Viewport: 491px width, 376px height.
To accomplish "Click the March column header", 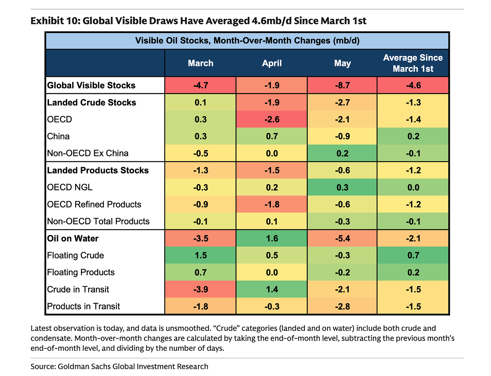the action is (200, 63).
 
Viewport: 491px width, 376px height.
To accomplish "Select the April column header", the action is (271, 63).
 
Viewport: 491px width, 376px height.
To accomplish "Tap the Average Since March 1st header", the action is (413, 63).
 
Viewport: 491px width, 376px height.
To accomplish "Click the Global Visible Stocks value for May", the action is (342, 85).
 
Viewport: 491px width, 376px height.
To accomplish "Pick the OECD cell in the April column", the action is (271, 119).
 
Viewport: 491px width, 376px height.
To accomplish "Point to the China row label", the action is (58, 136).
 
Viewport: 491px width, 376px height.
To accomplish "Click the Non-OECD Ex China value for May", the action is (342, 153).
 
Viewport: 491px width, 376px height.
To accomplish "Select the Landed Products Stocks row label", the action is (98, 170).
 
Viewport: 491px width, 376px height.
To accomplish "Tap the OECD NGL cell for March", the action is (200, 187).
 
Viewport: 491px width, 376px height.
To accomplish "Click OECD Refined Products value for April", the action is (271, 204).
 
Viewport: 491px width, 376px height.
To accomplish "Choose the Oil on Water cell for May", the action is (342, 238).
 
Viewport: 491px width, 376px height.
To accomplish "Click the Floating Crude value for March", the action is (200, 255).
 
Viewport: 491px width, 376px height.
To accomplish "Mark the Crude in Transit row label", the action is (78, 289).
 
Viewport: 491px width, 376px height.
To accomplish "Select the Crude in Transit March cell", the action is (200, 289).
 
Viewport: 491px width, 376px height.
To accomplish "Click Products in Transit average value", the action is (413, 306).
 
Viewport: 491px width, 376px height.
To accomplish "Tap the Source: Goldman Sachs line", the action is (119, 366).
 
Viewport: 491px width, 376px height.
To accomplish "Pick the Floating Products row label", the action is (81, 273).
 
